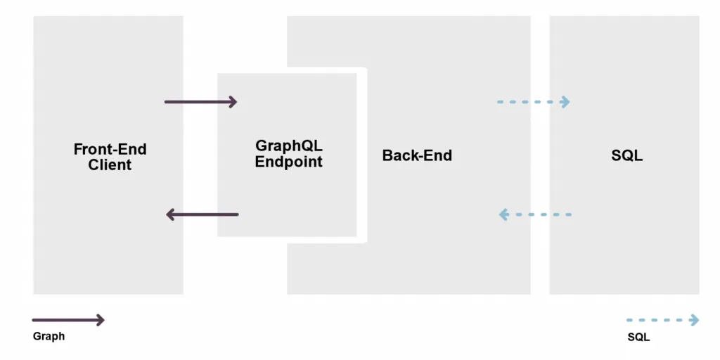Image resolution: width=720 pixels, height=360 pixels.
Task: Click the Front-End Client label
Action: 110,157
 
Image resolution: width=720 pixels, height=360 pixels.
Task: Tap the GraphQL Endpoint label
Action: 289,153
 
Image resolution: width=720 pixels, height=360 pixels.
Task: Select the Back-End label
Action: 417,155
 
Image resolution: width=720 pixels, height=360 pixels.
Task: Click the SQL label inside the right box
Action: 626,155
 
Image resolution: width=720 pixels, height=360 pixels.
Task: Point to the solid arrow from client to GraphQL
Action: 200,102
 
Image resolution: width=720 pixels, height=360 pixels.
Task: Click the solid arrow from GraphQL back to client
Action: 202,214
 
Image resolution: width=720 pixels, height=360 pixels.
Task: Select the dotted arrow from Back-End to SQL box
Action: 533,102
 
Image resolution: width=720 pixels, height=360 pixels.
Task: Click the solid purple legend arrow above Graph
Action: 68,321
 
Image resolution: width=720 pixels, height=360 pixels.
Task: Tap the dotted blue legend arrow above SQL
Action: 663,321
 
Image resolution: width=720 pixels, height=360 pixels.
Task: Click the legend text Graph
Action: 49,336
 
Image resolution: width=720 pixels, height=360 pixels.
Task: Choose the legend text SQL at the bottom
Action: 638,337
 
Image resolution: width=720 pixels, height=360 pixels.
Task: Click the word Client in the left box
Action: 110,166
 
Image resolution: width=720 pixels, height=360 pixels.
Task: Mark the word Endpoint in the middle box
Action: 289,162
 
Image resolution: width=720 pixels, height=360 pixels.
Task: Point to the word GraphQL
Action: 289,146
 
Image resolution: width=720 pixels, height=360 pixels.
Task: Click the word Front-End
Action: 110,149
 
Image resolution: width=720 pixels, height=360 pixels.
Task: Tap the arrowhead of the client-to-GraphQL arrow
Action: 233,102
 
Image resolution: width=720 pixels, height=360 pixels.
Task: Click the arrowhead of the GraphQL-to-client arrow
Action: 170,214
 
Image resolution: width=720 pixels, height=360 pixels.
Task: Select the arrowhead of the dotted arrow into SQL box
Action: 565,102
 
